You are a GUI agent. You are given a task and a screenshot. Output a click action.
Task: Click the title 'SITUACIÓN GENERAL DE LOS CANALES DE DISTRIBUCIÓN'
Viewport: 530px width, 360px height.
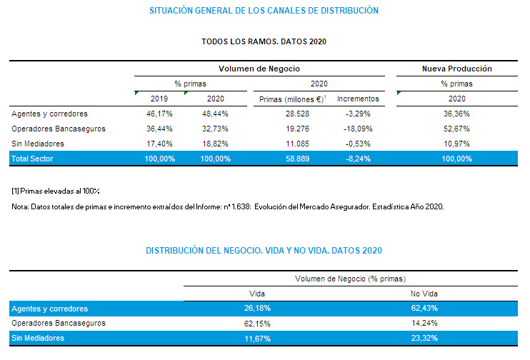[264, 11]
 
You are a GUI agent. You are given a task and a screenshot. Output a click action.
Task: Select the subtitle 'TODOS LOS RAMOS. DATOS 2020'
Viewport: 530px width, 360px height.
[264, 41]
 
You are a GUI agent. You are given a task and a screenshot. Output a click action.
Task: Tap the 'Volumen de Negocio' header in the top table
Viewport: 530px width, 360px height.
[259, 69]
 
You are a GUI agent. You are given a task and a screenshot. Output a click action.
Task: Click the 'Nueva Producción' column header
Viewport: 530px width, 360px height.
[456, 69]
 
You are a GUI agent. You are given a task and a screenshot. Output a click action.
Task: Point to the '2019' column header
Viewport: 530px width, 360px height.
[159, 99]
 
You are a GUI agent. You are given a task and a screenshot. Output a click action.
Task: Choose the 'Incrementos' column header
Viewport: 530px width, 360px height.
[358, 99]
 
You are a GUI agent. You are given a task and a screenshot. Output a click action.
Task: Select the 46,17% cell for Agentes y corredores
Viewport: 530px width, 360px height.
[159, 114]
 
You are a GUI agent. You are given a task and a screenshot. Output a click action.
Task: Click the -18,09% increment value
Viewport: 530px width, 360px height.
[358, 129]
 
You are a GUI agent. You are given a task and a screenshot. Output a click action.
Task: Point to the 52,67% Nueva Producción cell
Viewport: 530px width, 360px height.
[456, 129]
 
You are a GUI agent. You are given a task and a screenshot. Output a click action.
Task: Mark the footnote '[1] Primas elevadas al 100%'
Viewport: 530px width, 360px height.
[56, 191]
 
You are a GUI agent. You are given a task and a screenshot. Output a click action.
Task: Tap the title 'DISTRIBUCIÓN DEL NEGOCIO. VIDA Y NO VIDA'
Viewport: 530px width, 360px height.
[264, 250]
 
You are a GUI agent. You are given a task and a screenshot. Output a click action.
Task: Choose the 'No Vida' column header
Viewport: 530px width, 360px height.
[424, 294]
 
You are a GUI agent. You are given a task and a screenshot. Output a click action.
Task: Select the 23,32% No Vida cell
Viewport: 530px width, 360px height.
[424, 337]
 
